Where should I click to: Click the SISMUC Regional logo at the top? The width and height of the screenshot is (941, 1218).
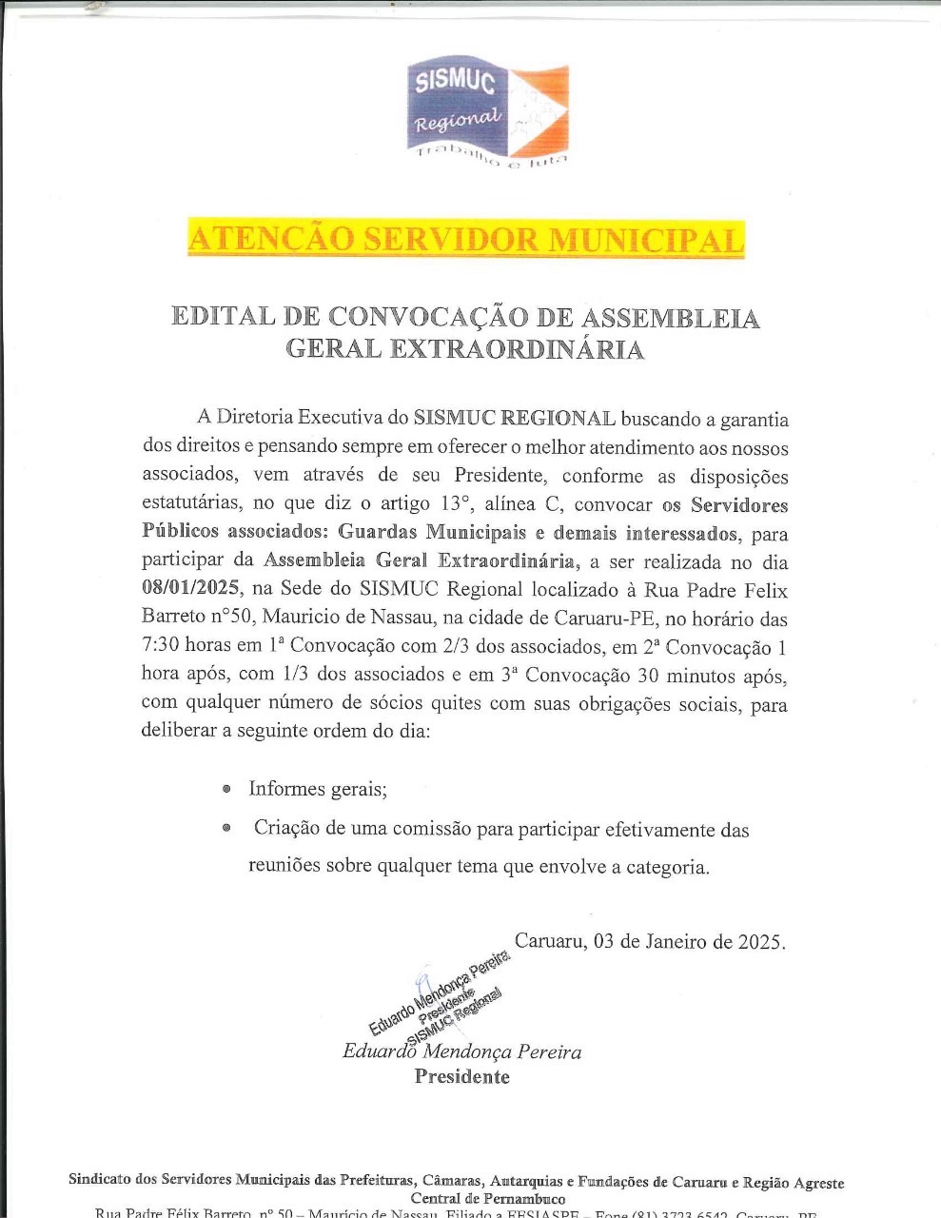(487, 111)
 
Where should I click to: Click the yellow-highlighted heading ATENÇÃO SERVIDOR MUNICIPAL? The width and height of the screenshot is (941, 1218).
(465, 239)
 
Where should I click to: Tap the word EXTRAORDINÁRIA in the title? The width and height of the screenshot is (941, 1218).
(518, 349)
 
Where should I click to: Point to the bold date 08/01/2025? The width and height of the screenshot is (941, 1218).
(187, 590)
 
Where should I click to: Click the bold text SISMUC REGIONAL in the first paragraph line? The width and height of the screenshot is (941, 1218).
(514, 418)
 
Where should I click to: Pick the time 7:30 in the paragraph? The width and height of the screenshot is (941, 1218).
(160, 647)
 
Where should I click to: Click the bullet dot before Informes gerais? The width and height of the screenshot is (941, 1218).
(226, 789)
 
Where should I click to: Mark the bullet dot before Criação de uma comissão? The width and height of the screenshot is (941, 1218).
(226, 829)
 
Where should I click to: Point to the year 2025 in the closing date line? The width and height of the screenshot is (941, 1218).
(760, 942)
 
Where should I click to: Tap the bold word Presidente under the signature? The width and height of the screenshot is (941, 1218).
(461, 1077)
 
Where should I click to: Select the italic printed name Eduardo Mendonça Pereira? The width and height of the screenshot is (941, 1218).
(461, 1051)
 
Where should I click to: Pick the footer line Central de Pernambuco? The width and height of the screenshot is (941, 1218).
(487, 1199)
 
